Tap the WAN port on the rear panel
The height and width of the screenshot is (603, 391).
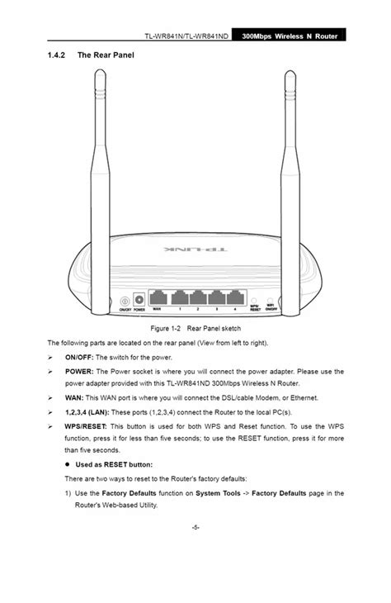pos(157,298)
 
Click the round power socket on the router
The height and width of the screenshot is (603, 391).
pos(139,299)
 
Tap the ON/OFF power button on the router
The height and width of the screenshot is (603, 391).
pos(125,300)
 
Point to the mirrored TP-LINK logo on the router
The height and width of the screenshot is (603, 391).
pos(195,247)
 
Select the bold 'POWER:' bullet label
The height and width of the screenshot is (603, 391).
pos(79,371)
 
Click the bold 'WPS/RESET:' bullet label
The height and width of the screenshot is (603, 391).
pos(87,425)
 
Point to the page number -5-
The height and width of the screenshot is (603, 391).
pos(195,526)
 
